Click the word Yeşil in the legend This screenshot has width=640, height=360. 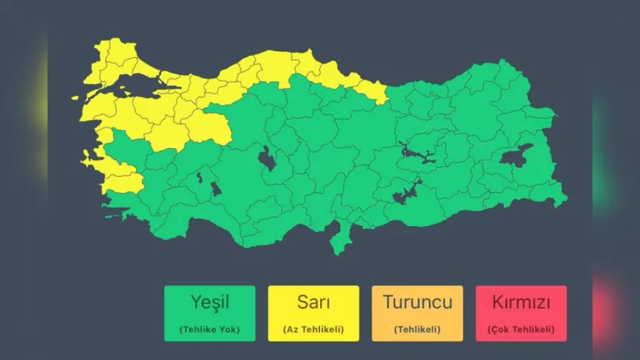coord(210,302)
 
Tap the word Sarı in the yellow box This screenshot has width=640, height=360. coord(313,302)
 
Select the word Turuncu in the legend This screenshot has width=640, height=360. coord(417,302)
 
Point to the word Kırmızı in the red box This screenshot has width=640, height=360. coord(521,302)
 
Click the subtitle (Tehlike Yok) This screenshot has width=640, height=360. coord(210,329)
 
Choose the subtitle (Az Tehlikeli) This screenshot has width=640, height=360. coord(313,329)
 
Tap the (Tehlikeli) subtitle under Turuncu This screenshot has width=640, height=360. coord(417,329)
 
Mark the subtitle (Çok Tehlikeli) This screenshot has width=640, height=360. coord(521,329)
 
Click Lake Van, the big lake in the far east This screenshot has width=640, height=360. coord(515,155)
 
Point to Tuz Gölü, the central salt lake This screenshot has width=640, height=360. coord(267,158)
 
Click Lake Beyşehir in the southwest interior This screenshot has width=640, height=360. coord(216,188)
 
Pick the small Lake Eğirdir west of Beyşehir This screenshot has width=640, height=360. coord(199,177)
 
